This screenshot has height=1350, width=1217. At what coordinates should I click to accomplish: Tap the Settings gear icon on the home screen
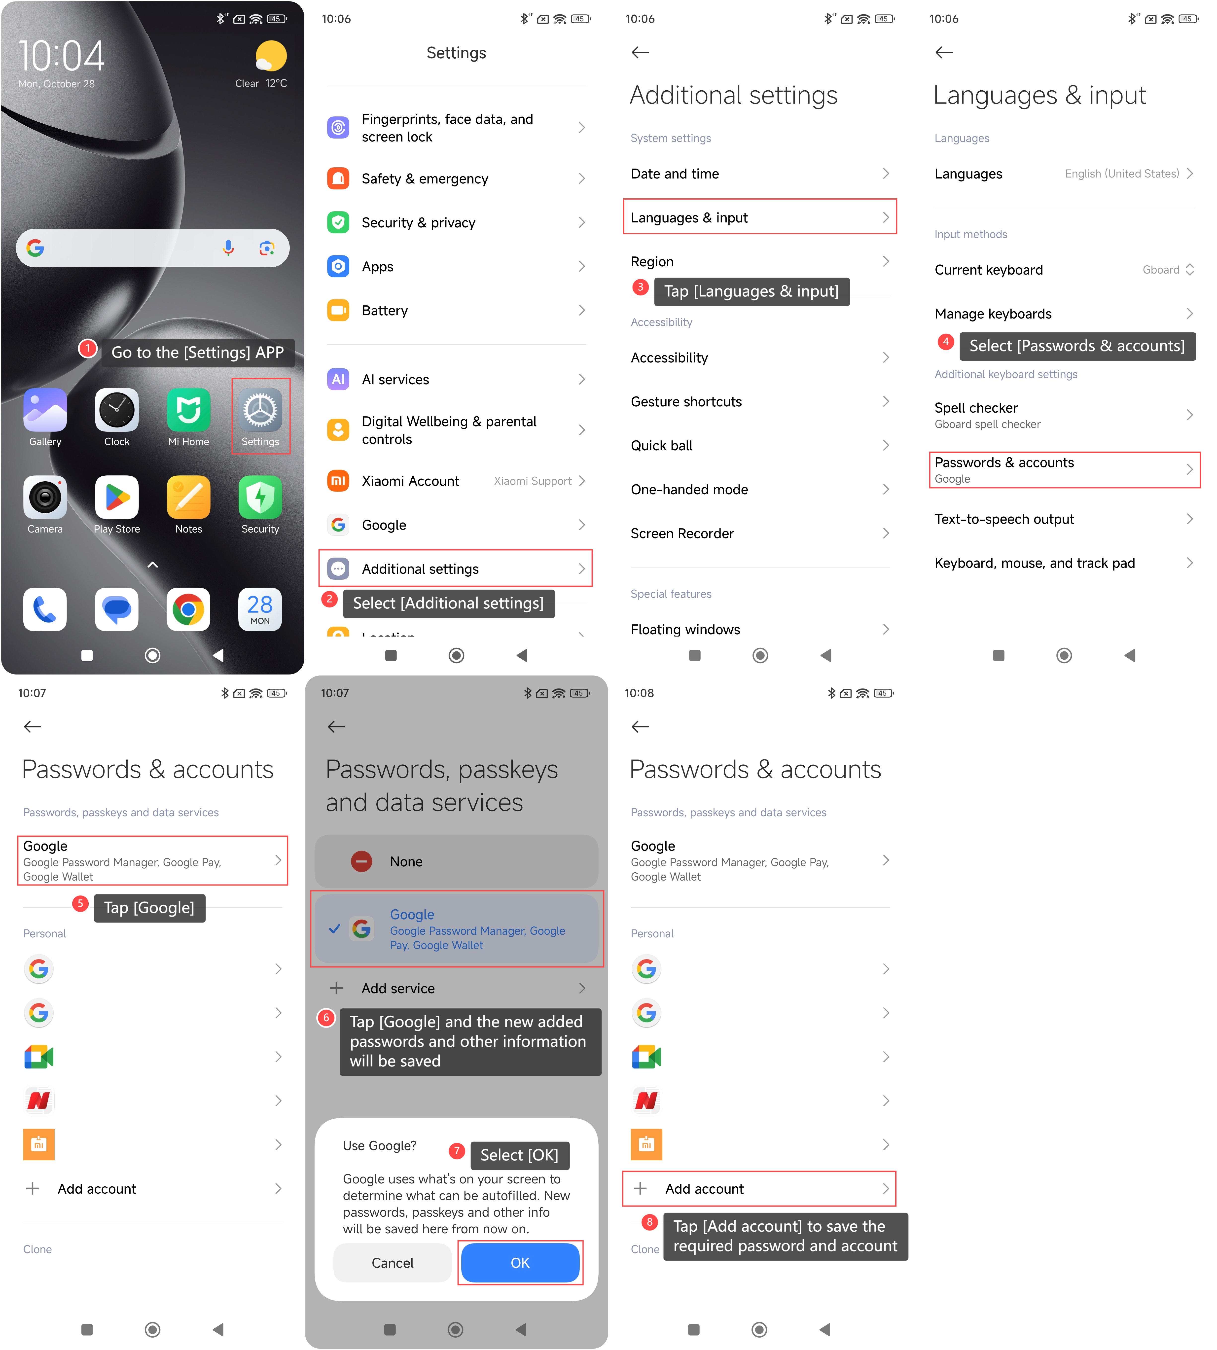(260, 410)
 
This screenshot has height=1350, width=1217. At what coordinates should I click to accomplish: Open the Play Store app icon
(117, 497)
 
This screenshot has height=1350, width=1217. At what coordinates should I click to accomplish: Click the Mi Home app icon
(189, 410)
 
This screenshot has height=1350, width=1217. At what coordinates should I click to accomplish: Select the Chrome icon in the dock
(189, 609)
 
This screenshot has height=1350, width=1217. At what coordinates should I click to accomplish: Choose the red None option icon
(362, 861)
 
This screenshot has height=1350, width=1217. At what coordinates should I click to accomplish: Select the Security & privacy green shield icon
(338, 223)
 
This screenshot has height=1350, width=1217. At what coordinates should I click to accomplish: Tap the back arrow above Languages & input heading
(944, 52)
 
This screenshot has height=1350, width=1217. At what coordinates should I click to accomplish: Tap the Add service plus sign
(336, 988)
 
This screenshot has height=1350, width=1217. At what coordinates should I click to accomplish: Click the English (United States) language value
(1122, 174)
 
